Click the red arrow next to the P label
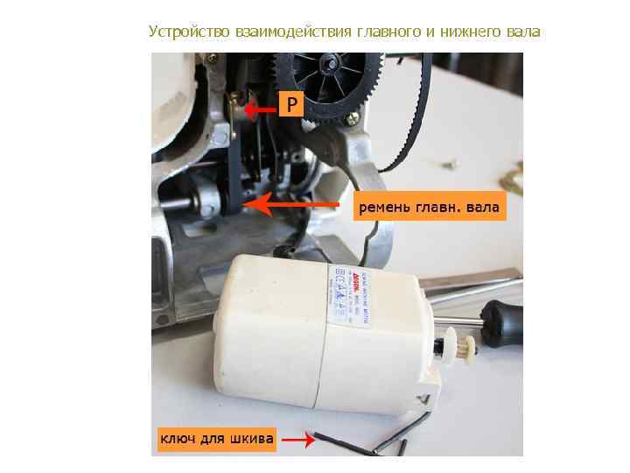259,110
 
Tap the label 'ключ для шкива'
215,437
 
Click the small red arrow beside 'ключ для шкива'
299,441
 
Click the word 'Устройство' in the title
188,32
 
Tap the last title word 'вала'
523,32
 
